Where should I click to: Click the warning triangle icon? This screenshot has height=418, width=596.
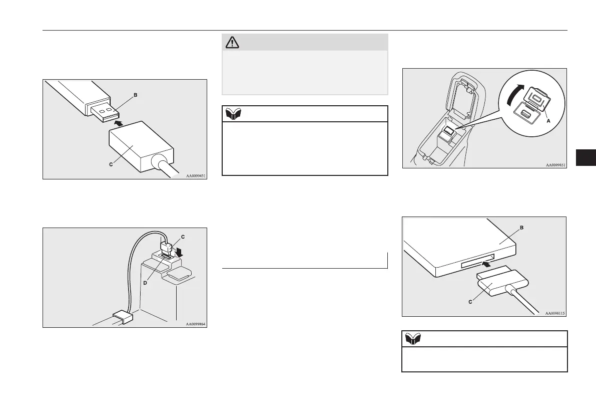(232, 42)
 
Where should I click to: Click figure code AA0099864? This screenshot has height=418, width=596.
(196, 324)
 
